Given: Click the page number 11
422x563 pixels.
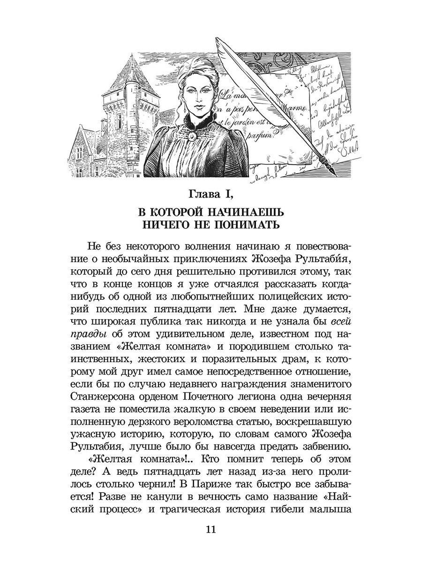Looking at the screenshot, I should click(x=210, y=530).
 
